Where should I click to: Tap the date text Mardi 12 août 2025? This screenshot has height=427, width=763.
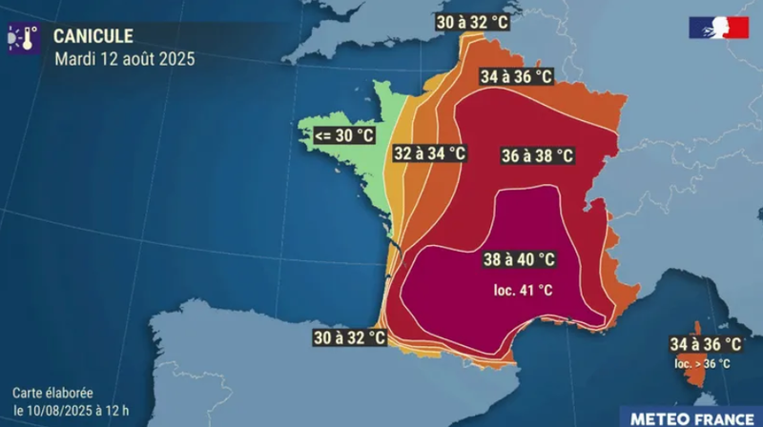pyautogui.click(x=124, y=59)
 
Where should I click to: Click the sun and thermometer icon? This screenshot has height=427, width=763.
pyautogui.click(x=24, y=38)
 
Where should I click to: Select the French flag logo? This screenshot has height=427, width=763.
pyautogui.click(x=719, y=29)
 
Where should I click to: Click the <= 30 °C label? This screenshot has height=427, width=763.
pyautogui.click(x=344, y=136)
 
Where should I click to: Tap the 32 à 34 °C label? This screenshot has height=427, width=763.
pyautogui.click(x=429, y=152)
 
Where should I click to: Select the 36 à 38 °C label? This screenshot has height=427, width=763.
pyautogui.click(x=536, y=155)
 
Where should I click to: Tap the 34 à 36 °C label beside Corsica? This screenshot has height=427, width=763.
pyautogui.click(x=706, y=344)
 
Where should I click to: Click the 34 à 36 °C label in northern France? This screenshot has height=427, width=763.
pyautogui.click(x=517, y=76)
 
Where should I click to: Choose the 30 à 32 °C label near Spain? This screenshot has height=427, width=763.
pyautogui.click(x=350, y=337)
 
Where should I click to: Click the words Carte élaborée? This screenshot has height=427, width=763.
pyautogui.click(x=52, y=393)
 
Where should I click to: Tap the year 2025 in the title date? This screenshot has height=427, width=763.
pyautogui.click(x=176, y=59)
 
